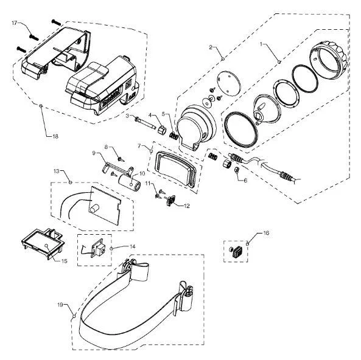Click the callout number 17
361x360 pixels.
tap(15, 23)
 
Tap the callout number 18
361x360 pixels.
tap(55, 136)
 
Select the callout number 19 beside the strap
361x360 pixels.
tap(60, 305)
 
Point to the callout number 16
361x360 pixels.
tap(266, 233)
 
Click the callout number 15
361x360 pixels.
tap(65, 261)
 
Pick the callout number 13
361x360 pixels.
tap(57, 171)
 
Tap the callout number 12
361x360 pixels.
tap(186, 206)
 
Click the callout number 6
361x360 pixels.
tap(245, 181)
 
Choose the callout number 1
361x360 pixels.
tap(261, 44)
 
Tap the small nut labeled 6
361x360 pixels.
tap(236, 170)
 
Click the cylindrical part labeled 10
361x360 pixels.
tap(130, 182)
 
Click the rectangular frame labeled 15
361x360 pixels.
tap(43, 244)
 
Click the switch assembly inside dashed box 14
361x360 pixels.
tap(98, 249)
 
